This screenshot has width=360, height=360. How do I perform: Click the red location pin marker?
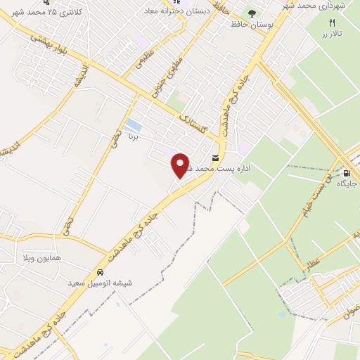point(181,165)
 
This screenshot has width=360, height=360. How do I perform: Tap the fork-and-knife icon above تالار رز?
point(332,22)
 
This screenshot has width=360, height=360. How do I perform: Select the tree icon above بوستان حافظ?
point(252,13)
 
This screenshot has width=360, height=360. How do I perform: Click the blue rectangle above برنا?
point(132,127)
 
